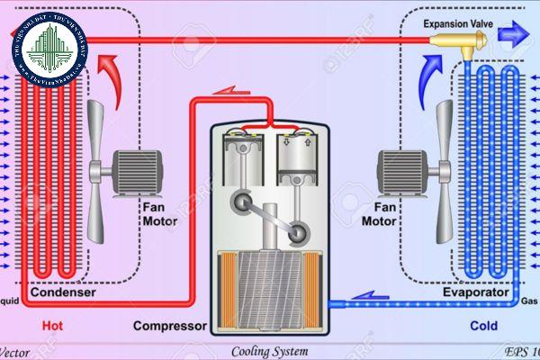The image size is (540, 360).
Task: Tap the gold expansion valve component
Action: click(460, 40)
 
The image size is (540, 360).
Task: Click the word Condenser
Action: click(62, 293)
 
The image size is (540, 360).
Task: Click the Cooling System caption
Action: click(269, 351)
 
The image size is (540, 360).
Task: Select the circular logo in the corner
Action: click(49, 49)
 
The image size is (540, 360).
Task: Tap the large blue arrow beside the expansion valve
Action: click(515, 36)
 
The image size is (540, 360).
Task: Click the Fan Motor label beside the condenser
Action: click(159, 213)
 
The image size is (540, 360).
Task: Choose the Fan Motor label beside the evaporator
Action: click(379, 213)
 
